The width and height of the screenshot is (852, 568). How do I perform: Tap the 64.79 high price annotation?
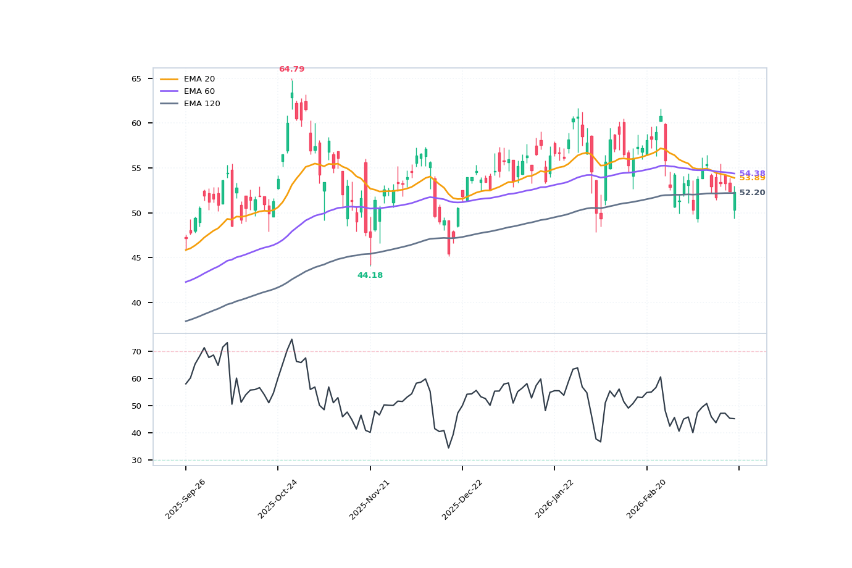coord(291,69)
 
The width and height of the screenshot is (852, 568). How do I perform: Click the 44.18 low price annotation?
coord(370,275)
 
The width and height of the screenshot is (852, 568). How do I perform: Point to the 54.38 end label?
coord(752,173)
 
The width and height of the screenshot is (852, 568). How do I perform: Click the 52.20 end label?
coord(752,193)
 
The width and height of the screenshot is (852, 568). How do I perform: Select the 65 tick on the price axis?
coord(136,79)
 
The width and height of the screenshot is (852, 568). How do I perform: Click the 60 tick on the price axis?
coord(136,123)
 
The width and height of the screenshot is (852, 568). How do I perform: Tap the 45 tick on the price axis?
coord(136,258)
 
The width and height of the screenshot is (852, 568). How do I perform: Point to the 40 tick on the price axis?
coord(136,303)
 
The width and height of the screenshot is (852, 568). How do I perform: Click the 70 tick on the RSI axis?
coord(136,351)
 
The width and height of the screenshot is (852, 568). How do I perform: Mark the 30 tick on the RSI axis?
coord(136,460)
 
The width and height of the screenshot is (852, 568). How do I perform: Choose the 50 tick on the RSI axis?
coord(136,406)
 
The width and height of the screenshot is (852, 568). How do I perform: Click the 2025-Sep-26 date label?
coord(185,499)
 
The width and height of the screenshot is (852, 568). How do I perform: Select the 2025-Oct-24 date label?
coord(278,499)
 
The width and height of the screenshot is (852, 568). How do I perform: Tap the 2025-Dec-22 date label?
coord(462,499)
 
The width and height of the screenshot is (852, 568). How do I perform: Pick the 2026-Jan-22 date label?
coord(555,499)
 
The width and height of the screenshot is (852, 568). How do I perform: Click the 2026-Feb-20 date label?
coord(647,499)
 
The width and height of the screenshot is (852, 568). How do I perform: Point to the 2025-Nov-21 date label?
coord(370,499)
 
